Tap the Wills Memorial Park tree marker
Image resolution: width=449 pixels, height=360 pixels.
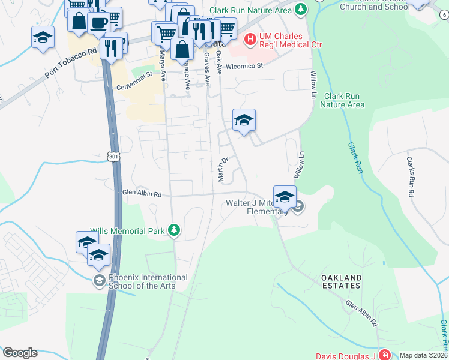174,230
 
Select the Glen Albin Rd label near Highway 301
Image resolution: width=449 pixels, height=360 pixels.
142,194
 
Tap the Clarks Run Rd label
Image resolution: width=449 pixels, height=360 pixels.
410,177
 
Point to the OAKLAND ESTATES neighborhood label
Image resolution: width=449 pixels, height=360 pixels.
341,282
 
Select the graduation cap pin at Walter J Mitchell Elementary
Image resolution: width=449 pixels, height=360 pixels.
285,196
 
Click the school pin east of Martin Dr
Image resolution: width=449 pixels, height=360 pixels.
244,121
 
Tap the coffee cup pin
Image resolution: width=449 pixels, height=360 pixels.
98,24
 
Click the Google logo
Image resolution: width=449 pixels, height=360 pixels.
20,352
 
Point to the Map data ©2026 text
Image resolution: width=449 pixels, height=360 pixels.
423,355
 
